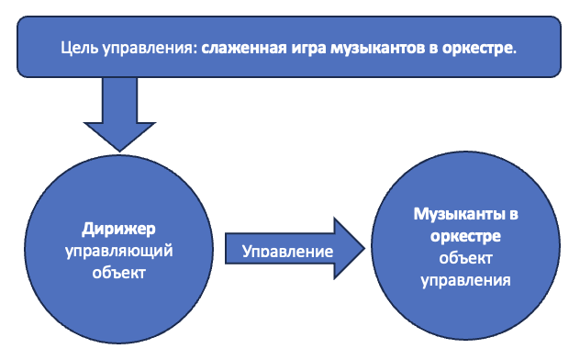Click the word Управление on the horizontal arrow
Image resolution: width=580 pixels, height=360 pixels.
(286, 251)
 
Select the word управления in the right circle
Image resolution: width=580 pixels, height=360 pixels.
(465, 279)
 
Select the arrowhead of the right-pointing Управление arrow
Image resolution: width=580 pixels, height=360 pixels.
(348, 249)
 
